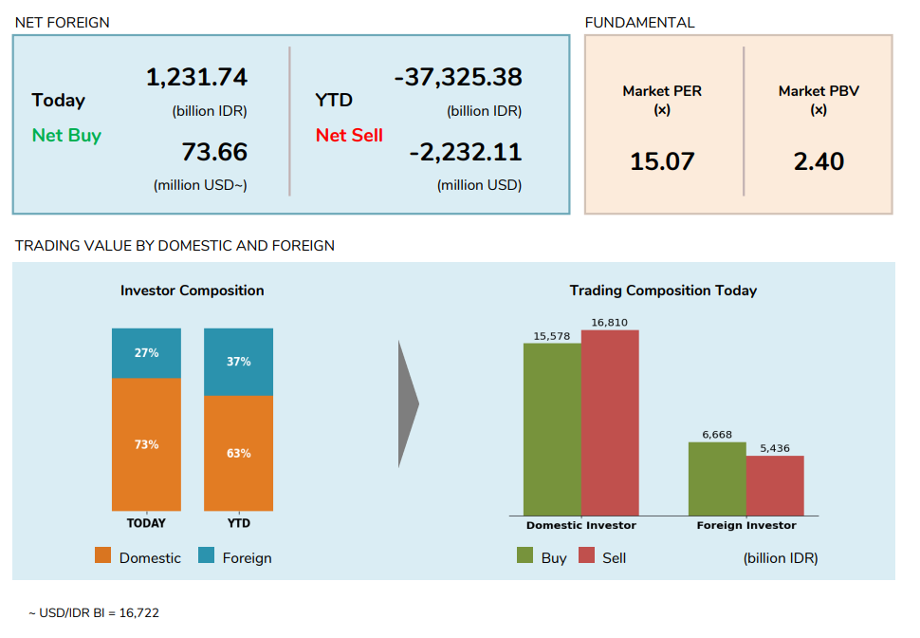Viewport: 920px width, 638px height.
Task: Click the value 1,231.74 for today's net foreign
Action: coord(196,78)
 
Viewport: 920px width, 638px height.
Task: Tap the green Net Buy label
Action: coord(66,135)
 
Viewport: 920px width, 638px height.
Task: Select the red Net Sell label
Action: coord(349,135)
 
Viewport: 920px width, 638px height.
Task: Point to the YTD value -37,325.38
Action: coord(458,78)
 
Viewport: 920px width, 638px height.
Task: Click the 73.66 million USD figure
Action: coord(214,152)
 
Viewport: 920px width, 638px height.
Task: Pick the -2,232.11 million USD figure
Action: coord(465,152)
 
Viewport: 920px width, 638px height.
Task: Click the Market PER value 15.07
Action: coord(662,161)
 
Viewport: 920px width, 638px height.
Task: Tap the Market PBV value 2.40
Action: coord(819,161)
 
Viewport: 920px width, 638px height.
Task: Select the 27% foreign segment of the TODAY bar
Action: coord(146,353)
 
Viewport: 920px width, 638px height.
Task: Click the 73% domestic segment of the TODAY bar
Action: coord(146,444)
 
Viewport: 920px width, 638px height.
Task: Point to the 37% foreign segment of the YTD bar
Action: coord(238,362)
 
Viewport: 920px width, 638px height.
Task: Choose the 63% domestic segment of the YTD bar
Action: coord(238,454)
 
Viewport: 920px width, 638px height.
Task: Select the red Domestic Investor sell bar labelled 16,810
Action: coord(610,422)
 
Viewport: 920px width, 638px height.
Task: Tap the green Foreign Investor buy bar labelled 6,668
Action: coord(717,478)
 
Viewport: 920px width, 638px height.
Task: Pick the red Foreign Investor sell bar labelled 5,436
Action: coord(775,485)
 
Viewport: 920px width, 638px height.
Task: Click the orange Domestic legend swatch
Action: coord(103,556)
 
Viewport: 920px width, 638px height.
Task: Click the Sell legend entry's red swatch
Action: coord(586,556)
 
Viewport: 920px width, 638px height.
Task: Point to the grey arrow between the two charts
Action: coord(408,403)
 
